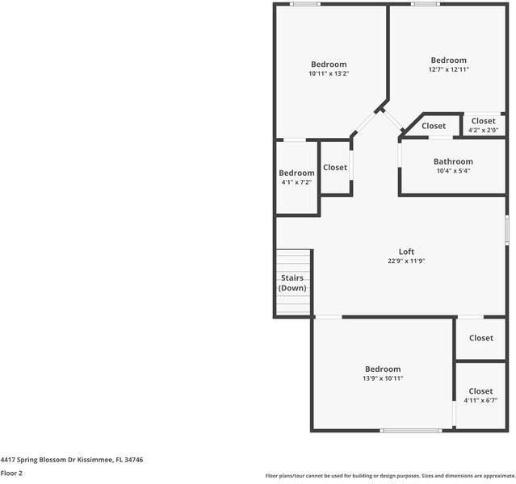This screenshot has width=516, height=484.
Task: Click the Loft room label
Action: pyautogui.click(x=406, y=251)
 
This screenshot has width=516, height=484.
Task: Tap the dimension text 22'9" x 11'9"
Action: pyautogui.click(x=406, y=261)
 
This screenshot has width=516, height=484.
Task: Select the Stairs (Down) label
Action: pyautogui.click(x=292, y=283)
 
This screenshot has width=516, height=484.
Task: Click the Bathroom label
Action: pyautogui.click(x=453, y=161)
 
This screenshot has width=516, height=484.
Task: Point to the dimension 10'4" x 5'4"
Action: pyautogui.click(x=453, y=171)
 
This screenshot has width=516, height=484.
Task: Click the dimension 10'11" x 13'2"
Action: pyautogui.click(x=329, y=74)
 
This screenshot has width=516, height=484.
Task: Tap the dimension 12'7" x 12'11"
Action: pyautogui.click(x=448, y=69)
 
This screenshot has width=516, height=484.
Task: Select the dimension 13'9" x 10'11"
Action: pyautogui.click(x=382, y=378)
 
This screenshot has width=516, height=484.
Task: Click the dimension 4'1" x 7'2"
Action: pyautogui.click(x=296, y=182)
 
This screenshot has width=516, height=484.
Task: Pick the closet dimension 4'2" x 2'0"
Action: pyautogui.click(x=483, y=130)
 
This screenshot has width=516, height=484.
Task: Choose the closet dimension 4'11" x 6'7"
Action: pyautogui.click(x=480, y=401)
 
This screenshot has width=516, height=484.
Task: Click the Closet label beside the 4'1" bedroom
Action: pyautogui.click(x=335, y=168)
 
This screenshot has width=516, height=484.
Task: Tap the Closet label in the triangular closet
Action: pyautogui.click(x=434, y=126)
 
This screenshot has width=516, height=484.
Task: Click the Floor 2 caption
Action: pyautogui.click(x=11, y=473)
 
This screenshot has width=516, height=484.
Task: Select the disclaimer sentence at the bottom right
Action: pyautogui.click(x=389, y=476)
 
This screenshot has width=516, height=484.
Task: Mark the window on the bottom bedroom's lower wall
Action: pyautogui.click(x=411, y=431)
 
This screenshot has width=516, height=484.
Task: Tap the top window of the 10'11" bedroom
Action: pyautogui.click(x=305, y=4)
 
